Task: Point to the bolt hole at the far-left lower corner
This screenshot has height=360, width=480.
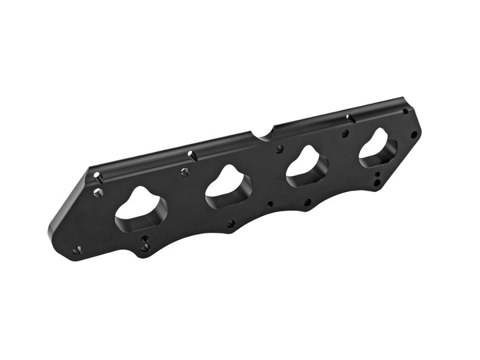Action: (77, 250)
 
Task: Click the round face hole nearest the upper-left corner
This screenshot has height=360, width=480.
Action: (99, 193)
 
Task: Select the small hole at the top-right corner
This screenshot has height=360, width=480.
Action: (405, 111)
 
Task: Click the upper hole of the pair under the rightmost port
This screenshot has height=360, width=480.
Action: (378, 175)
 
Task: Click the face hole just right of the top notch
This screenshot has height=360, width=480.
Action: (279, 149)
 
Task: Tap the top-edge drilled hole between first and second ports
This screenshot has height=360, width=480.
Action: (191, 155)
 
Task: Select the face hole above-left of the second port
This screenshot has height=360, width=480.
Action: (185, 172)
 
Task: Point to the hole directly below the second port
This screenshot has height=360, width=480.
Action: (231, 224)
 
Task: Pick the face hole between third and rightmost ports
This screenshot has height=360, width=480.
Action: (345, 133)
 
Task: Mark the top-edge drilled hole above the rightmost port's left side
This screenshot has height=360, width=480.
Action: (348, 119)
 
